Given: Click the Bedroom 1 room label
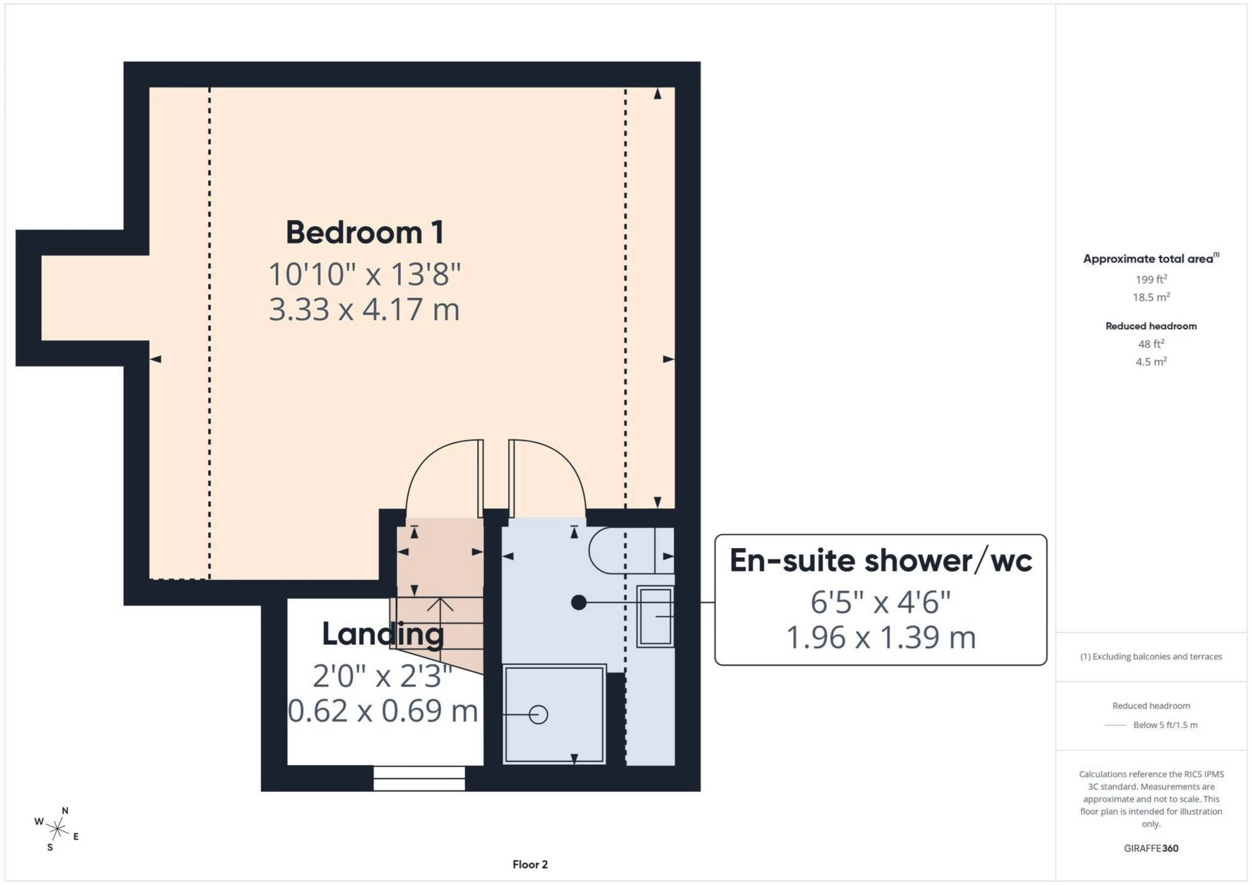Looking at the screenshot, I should (x=365, y=233).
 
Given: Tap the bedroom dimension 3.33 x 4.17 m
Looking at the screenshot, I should (x=365, y=310).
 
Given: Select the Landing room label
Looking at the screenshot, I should (x=383, y=634).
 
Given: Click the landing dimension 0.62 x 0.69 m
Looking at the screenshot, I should (x=383, y=711).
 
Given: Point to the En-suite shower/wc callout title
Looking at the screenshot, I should (x=880, y=560).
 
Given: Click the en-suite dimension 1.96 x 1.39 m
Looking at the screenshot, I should (x=880, y=637).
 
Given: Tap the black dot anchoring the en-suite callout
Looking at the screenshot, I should (x=578, y=603).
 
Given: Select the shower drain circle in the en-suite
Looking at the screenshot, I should (x=539, y=715).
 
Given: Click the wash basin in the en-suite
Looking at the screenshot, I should (x=655, y=616).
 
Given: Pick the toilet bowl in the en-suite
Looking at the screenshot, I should (x=619, y=551).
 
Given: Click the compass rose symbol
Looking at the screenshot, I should (x=57, y=829).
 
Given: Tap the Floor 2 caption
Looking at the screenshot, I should (x=529, y=865).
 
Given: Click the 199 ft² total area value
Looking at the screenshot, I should (x=1151, y=280).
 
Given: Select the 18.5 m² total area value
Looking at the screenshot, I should (x=1151, y=297).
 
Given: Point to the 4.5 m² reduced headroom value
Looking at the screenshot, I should (x=1151, y=362).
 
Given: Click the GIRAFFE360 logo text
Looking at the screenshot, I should (x=1151, y=849).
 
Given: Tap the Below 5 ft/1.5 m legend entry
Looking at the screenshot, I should (x=1165, y=725).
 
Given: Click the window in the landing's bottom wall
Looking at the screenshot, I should (x=419, y=778).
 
